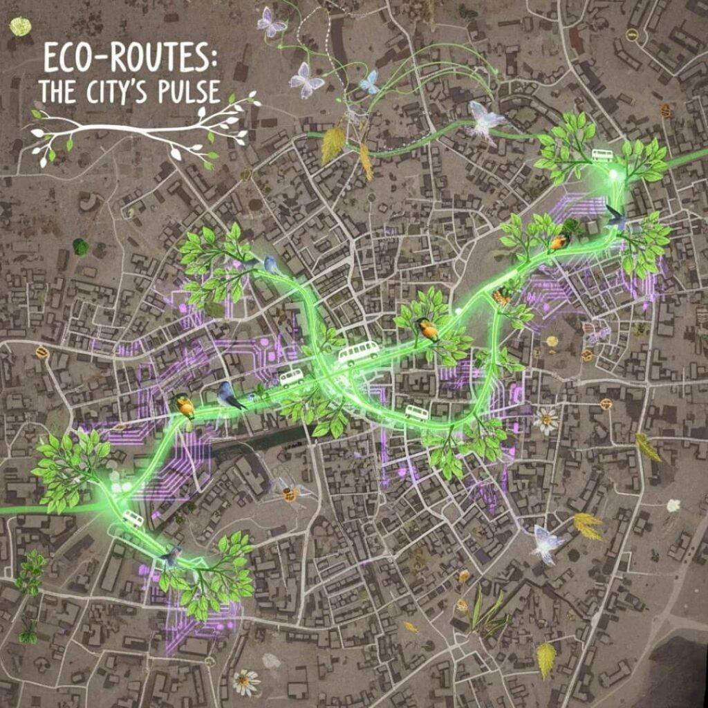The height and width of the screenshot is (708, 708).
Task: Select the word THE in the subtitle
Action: click(x=56, y=91)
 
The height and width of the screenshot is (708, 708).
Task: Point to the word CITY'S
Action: click(x=122, y=91)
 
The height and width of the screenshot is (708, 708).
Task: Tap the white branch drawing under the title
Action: click(x=138, y=131)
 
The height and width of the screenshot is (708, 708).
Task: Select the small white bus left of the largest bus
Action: click(x=291, y=378)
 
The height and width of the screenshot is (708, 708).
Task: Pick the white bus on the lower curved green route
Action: click(x=417, y=413)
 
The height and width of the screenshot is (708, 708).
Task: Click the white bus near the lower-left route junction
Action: click(x=133, y=518)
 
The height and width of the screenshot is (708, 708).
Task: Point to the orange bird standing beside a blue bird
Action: click(x=185, y=407)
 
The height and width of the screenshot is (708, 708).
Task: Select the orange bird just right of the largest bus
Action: click(x=428, y=330)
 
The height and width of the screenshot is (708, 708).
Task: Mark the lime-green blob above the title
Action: click(x=21, y=26)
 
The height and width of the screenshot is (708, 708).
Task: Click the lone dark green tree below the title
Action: click(x=81, y=246)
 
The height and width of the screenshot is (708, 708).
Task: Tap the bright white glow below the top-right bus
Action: click(x=613, y=176)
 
